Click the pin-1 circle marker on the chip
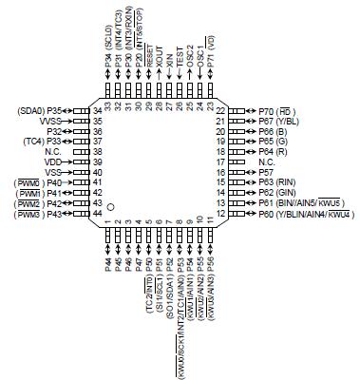click(111, 205)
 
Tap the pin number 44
click(97, 215)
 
